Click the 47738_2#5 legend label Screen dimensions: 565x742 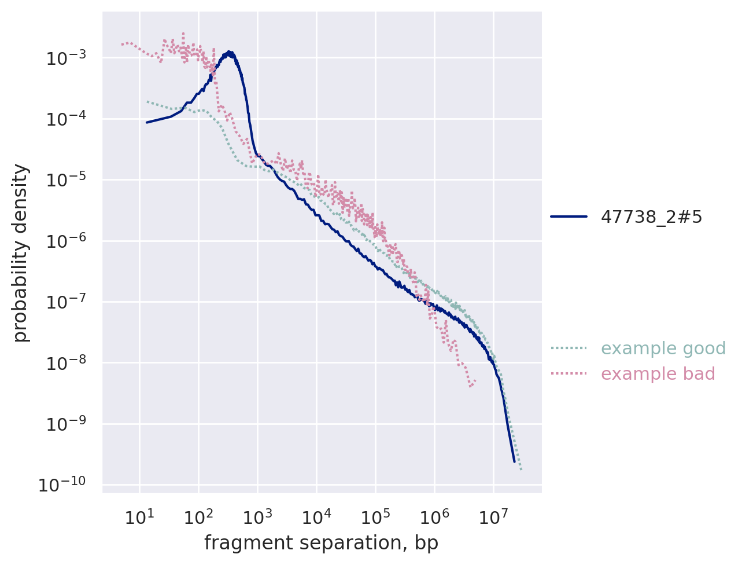coord(652,217)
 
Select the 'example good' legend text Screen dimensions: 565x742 coord(663,348)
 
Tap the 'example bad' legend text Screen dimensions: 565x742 coord(658,374)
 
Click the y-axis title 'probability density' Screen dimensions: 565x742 coord(21,253)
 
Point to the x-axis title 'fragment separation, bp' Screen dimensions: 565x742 coord(321,543)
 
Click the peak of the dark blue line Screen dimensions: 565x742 coord(230,52)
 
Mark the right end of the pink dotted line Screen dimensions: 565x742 coord(475,381)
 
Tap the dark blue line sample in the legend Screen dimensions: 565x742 coord(569,217)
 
